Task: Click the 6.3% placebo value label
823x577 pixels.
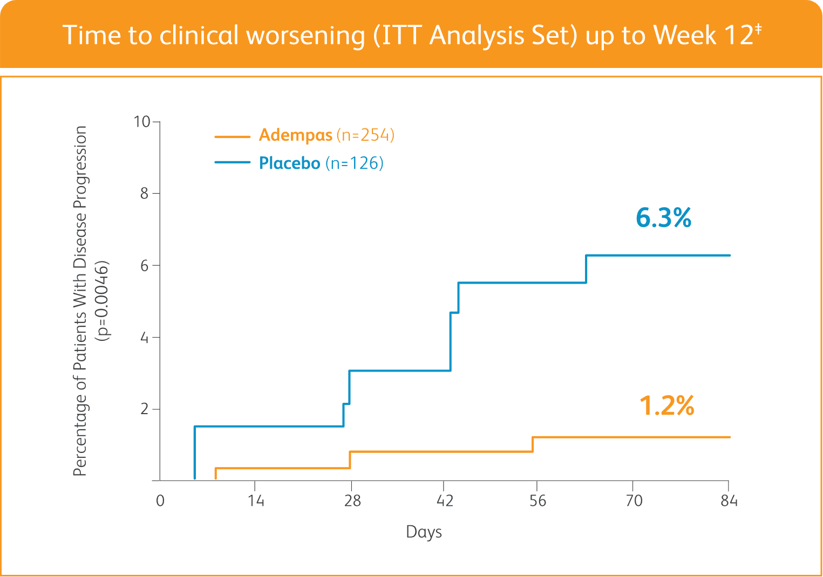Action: click(x=663, y=218)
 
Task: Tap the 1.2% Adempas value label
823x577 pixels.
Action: click(x=666, y=406)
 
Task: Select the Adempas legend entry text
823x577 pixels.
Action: click(x=295, y=135)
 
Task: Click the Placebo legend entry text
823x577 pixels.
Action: click(x=289, y=163)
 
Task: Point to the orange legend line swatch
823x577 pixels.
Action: click(x=232, y=136)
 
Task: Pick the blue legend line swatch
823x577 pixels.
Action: click(x=232, y=162)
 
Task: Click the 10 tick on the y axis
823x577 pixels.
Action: click(x=142, y=122)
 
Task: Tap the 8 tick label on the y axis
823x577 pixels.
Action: click(x=144, y=194)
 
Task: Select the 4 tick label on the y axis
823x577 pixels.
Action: click(x=144, y=338)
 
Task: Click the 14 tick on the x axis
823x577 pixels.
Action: click(x=256, y=501)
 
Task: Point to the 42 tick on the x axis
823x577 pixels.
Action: click(x=445, y=501)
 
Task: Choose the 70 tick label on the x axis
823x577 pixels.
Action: click(x=634, y=501)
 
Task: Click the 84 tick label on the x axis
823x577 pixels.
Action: click(x=729, y=501)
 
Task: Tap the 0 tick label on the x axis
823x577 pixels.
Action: click(x=160, y=501)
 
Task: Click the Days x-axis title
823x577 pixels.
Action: click(x=424, y=532)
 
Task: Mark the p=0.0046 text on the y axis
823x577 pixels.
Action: click(x=102, y=301)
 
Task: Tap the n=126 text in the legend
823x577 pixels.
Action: click(x=354, y=163)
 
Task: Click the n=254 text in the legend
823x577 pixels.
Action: click(x=365, y=135)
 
